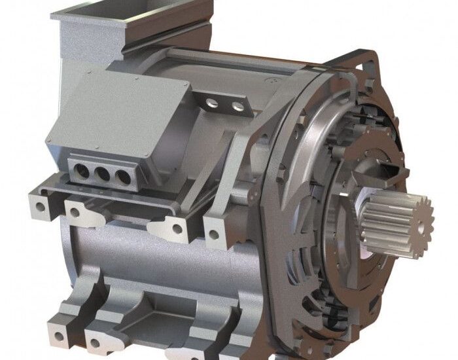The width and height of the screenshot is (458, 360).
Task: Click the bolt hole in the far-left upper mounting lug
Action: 41,207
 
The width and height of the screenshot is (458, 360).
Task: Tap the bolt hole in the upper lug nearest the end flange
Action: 213,234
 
